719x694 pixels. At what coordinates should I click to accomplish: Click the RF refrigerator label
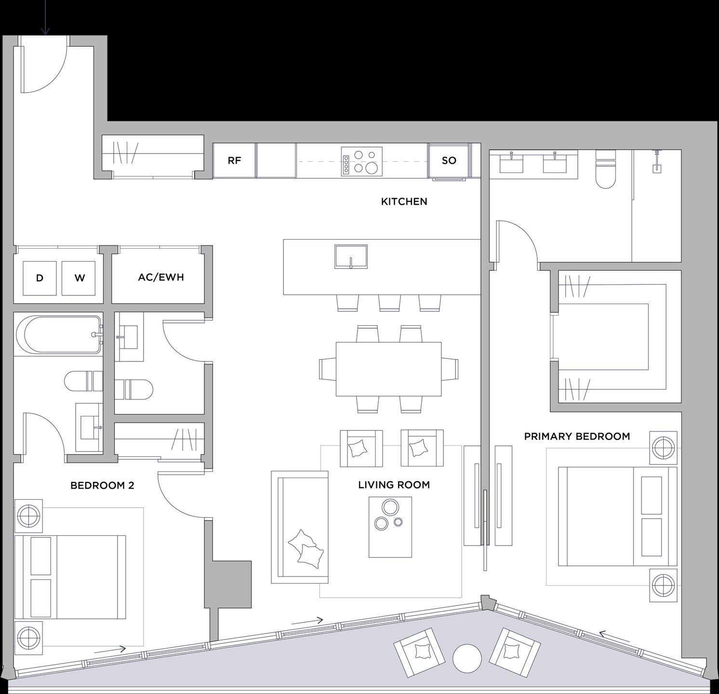[x=234, y=160]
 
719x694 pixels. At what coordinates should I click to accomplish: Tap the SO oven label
[x=449, y=160]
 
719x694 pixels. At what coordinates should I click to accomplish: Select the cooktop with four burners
[x=361, y=161]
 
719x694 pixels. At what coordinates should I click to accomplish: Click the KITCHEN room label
[x=404, y=201]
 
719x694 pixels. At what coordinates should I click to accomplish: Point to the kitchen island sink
[x=351, y=256]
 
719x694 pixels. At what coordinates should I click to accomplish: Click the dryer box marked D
[x=40, y=278]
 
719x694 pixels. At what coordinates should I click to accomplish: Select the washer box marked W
[x=80, y=278]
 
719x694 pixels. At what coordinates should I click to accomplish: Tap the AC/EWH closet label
[x=161, y=277]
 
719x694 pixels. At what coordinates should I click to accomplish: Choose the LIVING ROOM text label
[x=394, y=485]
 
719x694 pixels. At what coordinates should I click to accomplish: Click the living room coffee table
[x=390, y=527]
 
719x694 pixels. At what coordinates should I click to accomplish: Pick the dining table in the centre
[x=388, y=369]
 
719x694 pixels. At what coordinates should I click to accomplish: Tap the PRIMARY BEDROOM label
[x=577, y=436]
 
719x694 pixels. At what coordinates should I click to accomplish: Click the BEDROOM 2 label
[x=102, y=485]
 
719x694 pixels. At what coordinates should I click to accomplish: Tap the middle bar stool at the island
[x=389, y=303]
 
